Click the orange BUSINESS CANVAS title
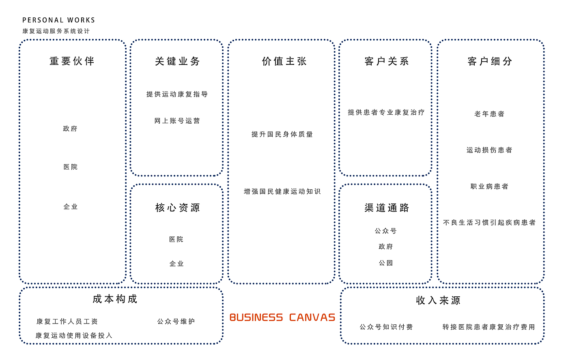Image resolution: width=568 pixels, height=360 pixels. [282, 317]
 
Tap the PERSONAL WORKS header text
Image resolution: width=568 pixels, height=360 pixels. [59, 20]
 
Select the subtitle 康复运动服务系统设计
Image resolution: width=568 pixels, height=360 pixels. [56, 31]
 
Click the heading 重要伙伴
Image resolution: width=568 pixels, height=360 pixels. [72, 61]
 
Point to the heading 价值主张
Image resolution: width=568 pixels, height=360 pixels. [284, 61]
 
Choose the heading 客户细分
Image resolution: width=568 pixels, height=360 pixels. [490, 61]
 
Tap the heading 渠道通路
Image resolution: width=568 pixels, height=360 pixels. [387, 208]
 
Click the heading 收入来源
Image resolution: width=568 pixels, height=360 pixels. [439, 300]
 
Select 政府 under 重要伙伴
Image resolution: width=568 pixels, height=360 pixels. [70, 129]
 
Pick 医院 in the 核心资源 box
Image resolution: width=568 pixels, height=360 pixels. [176, 240]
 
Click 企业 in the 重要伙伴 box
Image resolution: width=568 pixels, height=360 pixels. [71, 207]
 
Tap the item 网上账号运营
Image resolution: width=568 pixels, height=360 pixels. [177, 121]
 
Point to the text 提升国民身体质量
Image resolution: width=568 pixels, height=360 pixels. [282, 134]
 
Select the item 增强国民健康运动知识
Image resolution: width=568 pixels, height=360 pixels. [282, 191]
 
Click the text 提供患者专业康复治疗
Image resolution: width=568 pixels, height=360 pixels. [386, 112]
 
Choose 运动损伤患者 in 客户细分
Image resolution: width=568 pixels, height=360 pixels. [490, 150]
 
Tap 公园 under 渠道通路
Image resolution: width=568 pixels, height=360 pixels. [386, 263]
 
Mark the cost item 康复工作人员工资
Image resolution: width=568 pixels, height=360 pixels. [67, 321]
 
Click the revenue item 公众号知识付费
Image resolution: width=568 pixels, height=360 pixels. [386, 327]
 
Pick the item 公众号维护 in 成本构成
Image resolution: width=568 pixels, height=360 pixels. [176, 321]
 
